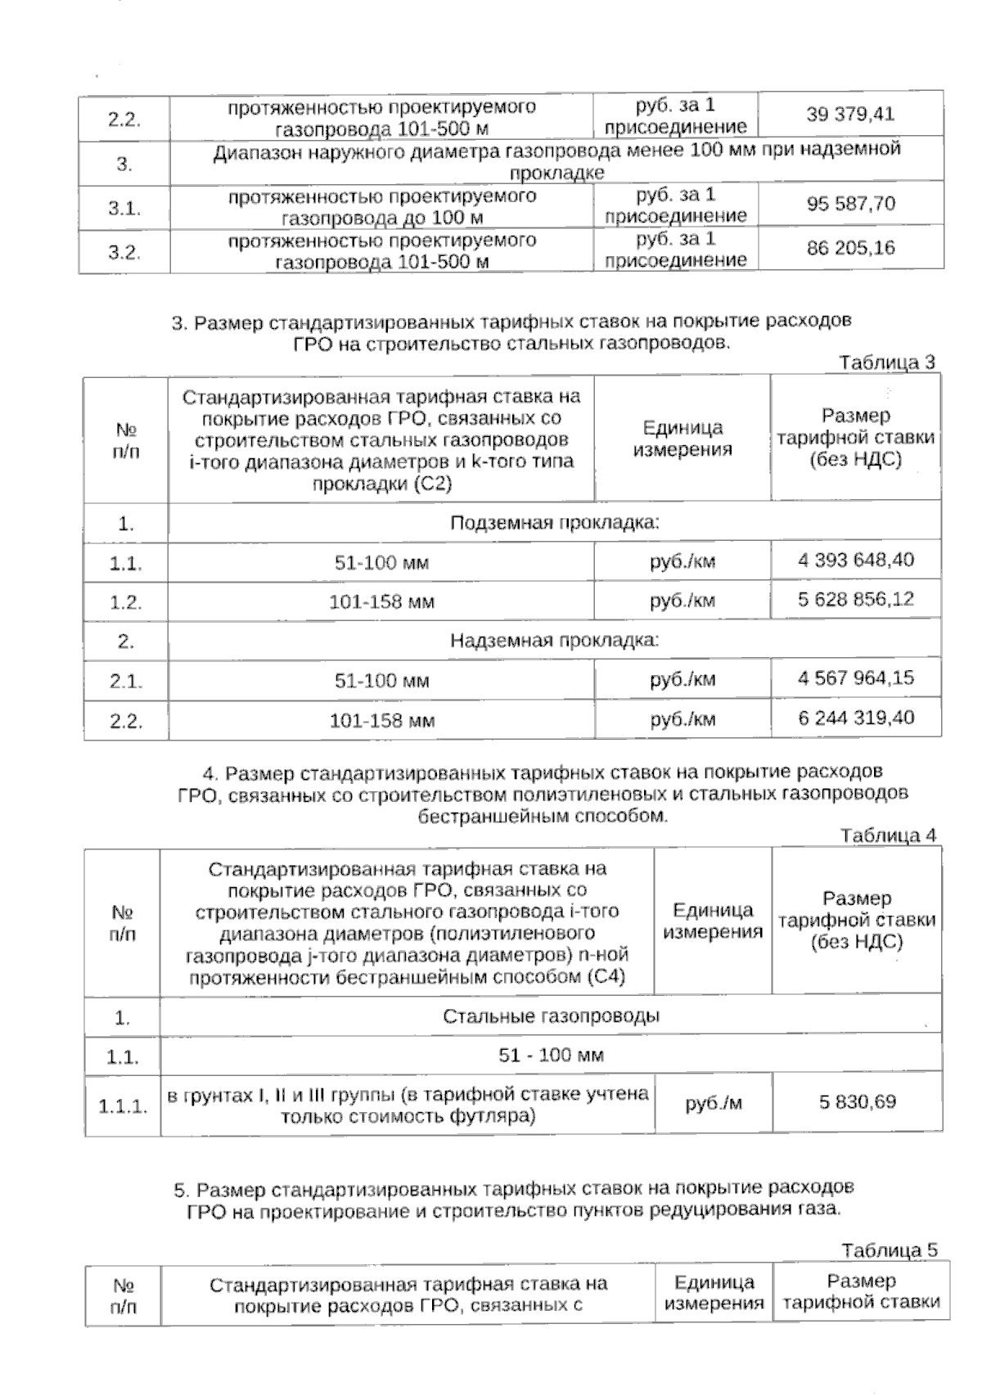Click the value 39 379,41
[x=850, y=114]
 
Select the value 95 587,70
[x=850, y=204]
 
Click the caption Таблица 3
[x=887, y=363]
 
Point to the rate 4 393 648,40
[x=856, y=561]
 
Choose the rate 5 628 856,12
[x=856, y=599]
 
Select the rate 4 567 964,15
[x=856, y=678]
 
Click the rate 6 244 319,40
[x=856, y=718]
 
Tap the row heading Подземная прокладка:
[x=554, y=523]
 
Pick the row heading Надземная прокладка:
[x=554, y=641]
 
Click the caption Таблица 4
[x=887, y=835]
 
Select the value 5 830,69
[x=858, y=1102]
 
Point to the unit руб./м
[x=713, y=1103]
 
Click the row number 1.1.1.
[x=123, y=1107]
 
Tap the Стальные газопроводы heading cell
[x=551, y=1016]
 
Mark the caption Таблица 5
[x=889, y=1250]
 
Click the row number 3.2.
[x=124, y=252]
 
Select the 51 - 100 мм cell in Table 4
[x=551, y=1056]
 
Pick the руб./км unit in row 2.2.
[x=682, y=720]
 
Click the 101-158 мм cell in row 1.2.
[x=381, y=602]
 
